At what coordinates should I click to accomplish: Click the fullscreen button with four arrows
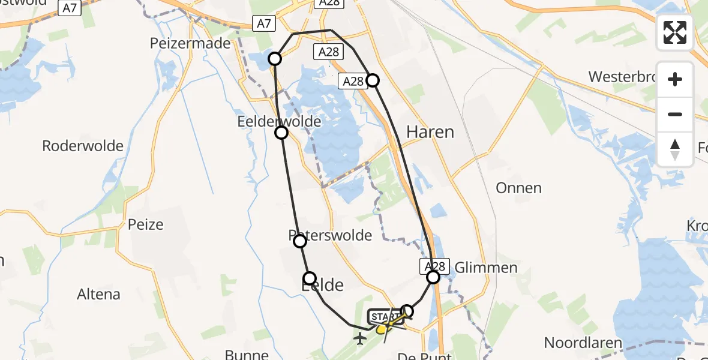pos(675,32)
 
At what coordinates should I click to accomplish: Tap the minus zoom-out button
pos(675,115)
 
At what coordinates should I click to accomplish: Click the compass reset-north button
pos(675,149)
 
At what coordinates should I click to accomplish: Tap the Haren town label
pos(430,132)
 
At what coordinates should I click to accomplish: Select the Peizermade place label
pos(191,43)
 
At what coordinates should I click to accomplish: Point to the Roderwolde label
pos(83,146)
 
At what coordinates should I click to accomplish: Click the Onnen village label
pos(518,188)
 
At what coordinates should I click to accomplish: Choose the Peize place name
pos(145,224)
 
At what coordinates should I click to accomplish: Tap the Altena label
pos(98,295)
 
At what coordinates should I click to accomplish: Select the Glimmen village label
pos(486,268)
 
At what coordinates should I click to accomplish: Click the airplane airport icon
pos(360,339)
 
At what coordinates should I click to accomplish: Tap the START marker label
pos(384,316)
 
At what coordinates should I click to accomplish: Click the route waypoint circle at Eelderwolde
pos(281,133)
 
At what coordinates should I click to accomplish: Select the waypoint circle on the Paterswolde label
pos(300,241)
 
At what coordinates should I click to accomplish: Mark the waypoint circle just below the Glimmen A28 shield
pos(433,277)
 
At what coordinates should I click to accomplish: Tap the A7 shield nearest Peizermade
pos(263,24)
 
